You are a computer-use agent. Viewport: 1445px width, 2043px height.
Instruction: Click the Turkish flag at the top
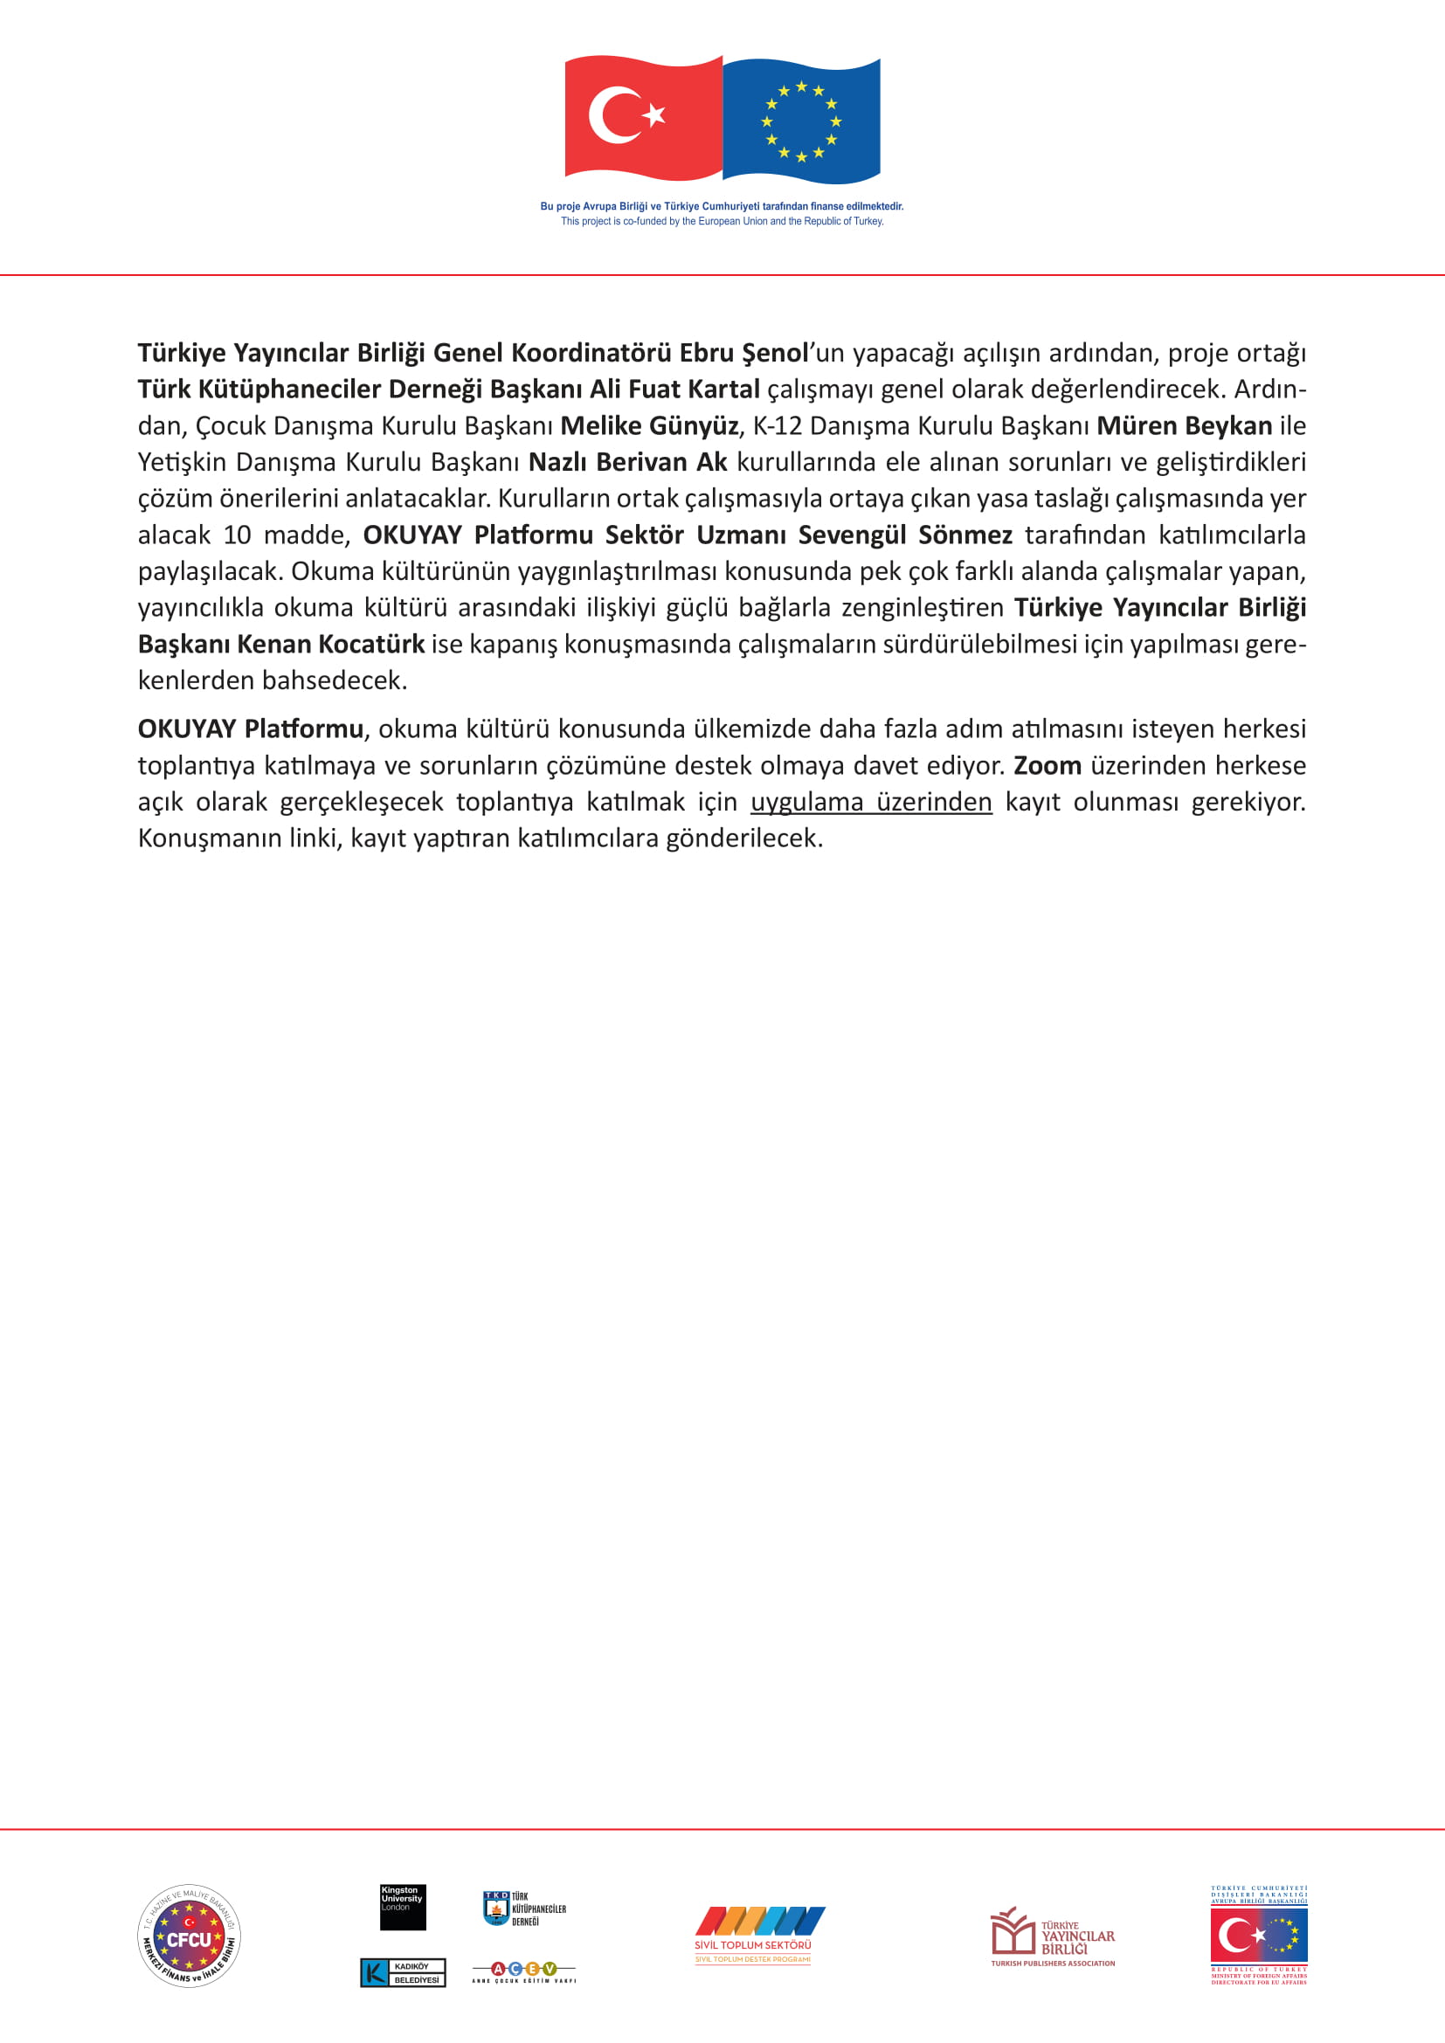[642, 117]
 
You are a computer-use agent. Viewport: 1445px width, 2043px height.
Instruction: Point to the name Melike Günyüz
[648, 426]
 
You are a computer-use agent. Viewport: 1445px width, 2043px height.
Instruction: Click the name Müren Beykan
[1184, 426]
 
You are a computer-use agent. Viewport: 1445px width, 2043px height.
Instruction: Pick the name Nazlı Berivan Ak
[627, 463]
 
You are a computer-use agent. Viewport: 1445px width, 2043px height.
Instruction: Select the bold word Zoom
[1047, 766]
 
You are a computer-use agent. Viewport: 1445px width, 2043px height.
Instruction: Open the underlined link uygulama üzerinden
[871, 803]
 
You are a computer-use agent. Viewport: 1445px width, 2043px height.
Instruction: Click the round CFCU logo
[189, 1936]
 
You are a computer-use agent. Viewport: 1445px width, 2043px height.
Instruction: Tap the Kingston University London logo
[402, 1907]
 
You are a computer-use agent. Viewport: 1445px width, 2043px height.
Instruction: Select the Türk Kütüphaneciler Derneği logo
[524, 1908]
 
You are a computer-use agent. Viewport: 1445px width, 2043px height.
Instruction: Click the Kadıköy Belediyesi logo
[402, 1973]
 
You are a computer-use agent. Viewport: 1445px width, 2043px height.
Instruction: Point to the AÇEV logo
[523, 1971]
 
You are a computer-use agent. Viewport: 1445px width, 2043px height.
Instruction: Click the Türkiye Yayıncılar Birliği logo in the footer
[1053, 1936]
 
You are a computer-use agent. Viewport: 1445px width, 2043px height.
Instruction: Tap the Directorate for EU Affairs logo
[1258, 1936]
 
